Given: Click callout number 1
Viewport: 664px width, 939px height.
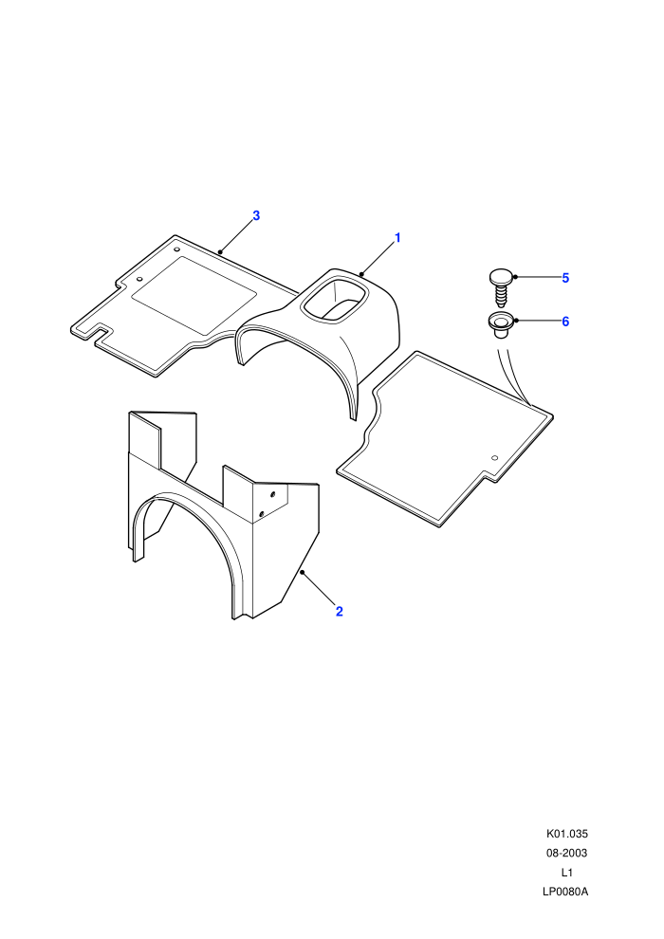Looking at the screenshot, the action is [397, 238].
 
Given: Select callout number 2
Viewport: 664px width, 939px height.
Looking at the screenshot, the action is [340, 612].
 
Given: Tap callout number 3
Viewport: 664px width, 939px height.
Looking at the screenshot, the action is [256, 215].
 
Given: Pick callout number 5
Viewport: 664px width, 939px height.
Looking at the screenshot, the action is [565, 278].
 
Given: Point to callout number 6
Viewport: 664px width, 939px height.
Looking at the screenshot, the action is [565, 322].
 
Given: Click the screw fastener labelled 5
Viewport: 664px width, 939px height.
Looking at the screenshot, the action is [501, 288].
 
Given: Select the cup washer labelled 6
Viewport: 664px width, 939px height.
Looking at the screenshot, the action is [501, 324].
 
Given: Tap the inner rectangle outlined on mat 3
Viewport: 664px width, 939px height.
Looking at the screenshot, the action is [194, 295].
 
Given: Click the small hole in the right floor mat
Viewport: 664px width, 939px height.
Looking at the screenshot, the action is [494, 458].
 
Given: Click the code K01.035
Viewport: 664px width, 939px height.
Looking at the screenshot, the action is [567, 834].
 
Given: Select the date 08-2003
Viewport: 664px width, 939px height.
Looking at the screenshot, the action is [567, 853].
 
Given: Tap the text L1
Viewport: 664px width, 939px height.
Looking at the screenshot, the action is [567, 873].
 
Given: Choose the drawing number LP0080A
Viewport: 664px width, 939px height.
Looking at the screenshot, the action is [565, 892].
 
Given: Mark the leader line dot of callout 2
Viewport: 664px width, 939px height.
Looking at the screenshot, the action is [303, 573].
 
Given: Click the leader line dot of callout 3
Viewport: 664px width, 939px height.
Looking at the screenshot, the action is [220, 252].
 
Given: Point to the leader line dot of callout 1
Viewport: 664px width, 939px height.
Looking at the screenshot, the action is [361, 274].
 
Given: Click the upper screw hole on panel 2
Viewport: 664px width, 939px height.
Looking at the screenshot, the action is [272, 494].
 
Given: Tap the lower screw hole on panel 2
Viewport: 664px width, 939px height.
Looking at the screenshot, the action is [262, 514].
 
